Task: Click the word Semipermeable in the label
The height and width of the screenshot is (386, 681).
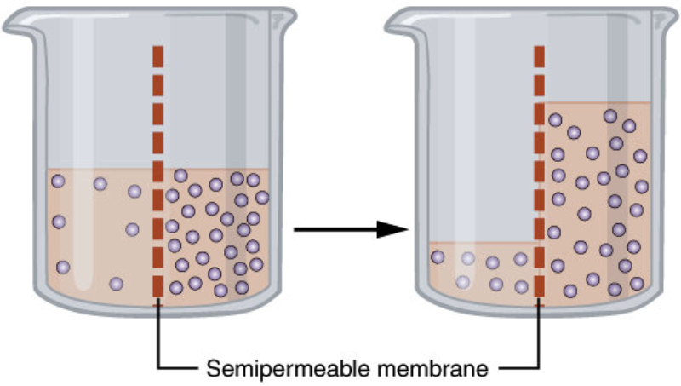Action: [x=260, y=369]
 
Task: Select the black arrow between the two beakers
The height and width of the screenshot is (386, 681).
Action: [x=350, y=229]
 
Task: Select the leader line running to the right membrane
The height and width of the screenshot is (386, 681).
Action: [x=538, y=341]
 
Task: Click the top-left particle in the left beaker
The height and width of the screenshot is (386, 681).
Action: [x=58, y=181]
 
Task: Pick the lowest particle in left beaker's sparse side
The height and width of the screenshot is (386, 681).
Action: [x=117, y=283]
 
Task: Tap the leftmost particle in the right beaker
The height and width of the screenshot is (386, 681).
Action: [x=438, y=256]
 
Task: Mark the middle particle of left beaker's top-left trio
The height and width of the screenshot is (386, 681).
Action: [x=100, y=184]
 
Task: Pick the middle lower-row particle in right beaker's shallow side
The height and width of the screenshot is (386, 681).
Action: [x=496, y=284]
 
